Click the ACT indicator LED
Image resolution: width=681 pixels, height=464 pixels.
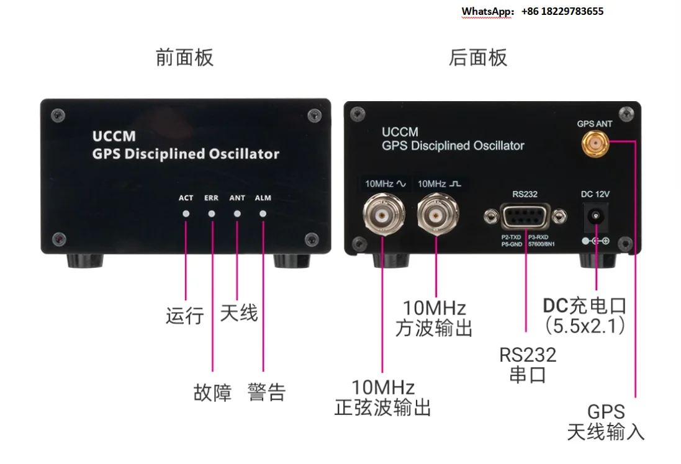click(186, 213)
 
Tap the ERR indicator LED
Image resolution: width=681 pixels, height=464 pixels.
click(212, 213)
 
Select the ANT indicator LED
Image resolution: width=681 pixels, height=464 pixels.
click(237, 213)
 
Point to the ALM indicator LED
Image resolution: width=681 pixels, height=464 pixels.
click(263, 213)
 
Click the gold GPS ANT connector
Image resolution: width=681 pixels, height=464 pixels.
click(595, 144)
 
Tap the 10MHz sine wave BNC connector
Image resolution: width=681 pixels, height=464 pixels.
click(384, 214)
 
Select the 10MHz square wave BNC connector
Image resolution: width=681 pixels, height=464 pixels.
click(438, 214)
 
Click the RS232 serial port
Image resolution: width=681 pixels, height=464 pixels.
click(526, 216)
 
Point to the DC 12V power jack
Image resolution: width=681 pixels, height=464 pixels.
click(596, 216)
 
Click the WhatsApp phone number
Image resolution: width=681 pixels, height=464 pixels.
click(562, 11)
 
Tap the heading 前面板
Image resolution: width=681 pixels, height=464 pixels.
click(184, 58)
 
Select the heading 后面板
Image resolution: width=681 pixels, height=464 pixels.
click(478, 58)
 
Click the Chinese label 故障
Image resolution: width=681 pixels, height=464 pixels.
click(212, 393)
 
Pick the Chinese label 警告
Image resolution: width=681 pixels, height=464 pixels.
click(267, 393)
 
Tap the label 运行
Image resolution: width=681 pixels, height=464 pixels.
click(184, 316)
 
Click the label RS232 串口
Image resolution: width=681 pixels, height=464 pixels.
click(528, 365)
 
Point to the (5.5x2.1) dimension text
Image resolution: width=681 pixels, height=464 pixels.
click(585, 326)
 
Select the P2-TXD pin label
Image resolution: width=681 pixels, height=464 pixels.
click(511, 238)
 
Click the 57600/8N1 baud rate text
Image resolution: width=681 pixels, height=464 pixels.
click(541, 244)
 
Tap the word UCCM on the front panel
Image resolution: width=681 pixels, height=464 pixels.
click(114, 136)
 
